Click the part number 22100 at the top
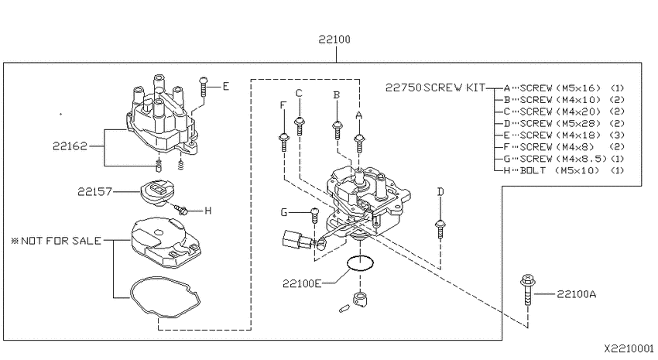tap(334, 39)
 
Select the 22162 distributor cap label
tap(70, 146)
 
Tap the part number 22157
tap(95, 192)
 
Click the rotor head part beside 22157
tap(154, 193)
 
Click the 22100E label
tap(302, 283)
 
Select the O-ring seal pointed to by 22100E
tap(360, 263)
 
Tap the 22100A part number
tap(576, 294)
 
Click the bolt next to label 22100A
tap(527, 290)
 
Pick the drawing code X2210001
tap(629, 348)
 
